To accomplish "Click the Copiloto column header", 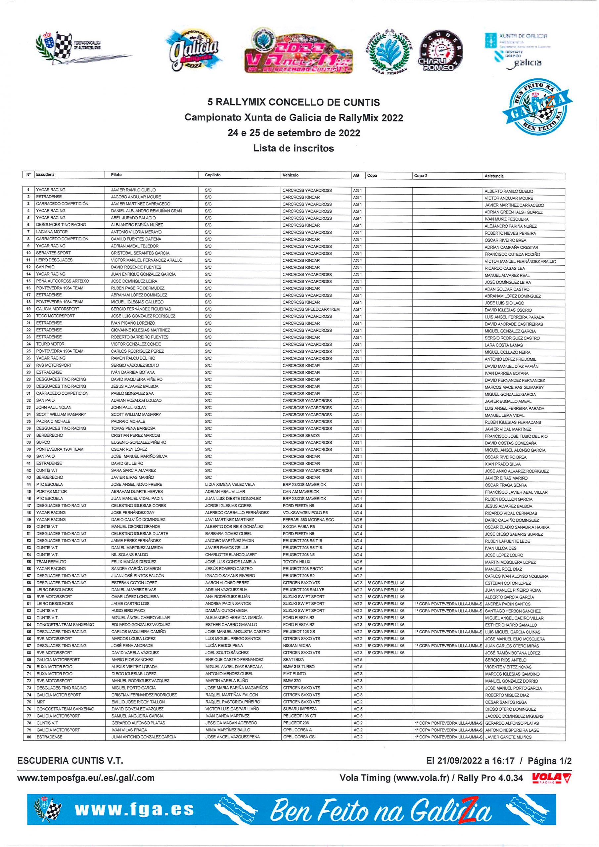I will click(x=212, y=175).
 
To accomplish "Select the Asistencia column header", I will click(x=494, y=176).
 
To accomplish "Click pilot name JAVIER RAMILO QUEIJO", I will click(x=133, y=190).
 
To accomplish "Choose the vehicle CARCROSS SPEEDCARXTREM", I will click(x=311, y=309).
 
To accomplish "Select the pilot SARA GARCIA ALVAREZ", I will click(x=133, y=470).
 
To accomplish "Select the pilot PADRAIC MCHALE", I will click(x=128, y=421).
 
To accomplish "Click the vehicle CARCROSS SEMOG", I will click(x=301, y=435).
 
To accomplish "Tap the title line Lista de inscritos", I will click(x=294, y=148).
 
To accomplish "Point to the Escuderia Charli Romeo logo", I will click(x=440, y=52).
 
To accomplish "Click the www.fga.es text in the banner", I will click(x=134, y=810).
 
